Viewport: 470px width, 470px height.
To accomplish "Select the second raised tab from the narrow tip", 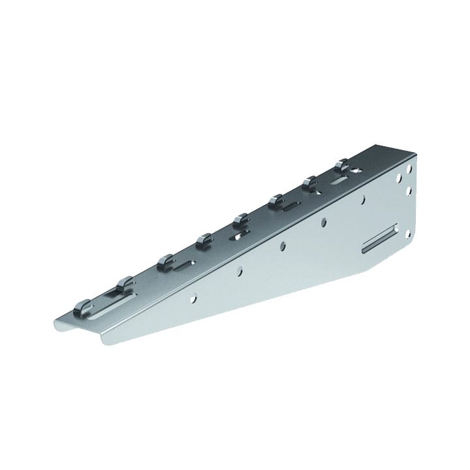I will pyautogui.click(x=123, y=282).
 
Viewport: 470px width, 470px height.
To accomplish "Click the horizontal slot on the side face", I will pyautogui.click(x=380, y=239).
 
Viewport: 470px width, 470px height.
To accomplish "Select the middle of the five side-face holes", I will pyautogui.click(x=281, y=246).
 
